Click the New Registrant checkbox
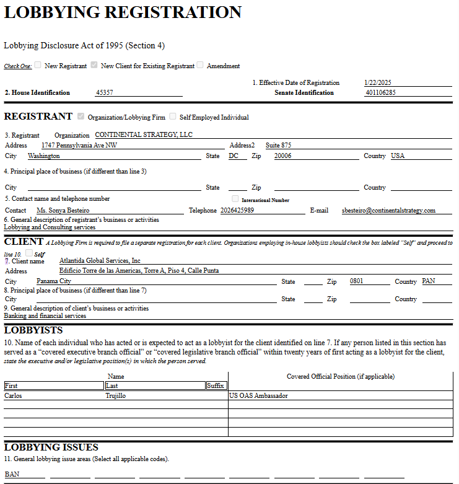tap(38, 65)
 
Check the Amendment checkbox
tap(200, 65)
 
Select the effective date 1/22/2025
tap(378, 82)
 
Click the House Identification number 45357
tap(104, 93)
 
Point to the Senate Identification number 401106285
tap(380, 93)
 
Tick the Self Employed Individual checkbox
tap(173, 117)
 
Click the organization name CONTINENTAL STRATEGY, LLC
tap(144, 134)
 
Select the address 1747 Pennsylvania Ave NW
tap(79, 145)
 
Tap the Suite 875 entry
tap(279, 145)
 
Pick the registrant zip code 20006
tap(282, 156)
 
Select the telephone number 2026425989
tap(237, 211)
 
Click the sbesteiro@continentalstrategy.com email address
tap(388, 211)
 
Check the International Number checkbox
tap(235, 199)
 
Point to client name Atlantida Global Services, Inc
tap(100, 261)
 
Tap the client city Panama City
tap(54, 281)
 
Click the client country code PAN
tap(429, 281)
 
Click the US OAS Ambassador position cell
tap(258, 395)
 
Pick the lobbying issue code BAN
tap(12, 474)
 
